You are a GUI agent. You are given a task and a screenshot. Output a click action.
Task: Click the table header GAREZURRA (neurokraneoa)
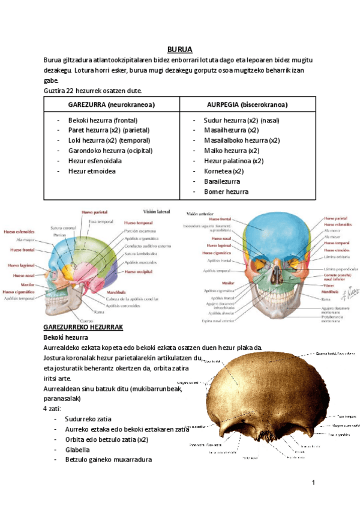(112, 104)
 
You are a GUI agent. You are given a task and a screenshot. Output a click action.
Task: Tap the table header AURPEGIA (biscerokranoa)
(247, 104)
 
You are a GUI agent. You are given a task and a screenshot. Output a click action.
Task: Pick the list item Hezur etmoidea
(92, 171)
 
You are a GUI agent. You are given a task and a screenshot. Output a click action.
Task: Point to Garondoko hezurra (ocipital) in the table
(110, 151)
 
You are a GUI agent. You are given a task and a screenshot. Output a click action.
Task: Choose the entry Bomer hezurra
(226, 191)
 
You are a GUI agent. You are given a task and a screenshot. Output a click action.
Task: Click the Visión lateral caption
(157, 211)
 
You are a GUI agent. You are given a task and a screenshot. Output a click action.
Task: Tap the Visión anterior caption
(201, 214)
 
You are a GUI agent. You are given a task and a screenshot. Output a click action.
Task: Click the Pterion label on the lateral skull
(59, 235)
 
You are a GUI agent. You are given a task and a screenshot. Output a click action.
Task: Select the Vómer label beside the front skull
(328, 286)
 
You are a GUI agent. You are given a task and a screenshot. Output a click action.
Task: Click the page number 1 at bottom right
(313, 483)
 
